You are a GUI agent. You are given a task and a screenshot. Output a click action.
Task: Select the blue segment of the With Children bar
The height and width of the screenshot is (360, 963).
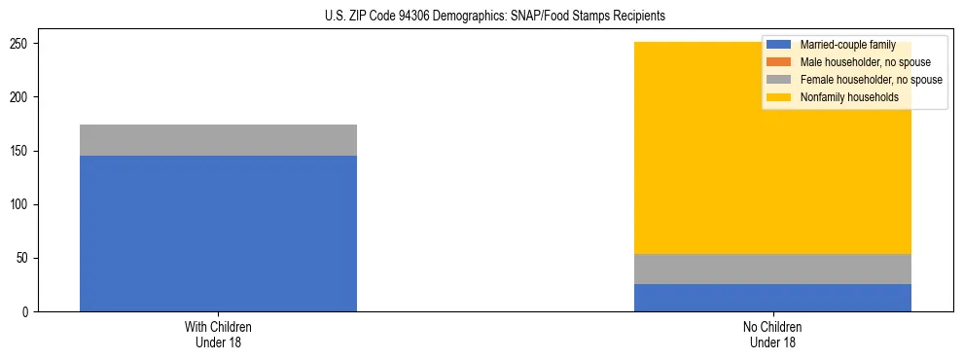(x=218, y=234)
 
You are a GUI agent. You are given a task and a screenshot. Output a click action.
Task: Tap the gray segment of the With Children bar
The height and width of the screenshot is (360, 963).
(x=218, y=140)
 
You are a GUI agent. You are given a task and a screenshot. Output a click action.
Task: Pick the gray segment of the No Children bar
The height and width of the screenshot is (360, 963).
(x=772, y=269)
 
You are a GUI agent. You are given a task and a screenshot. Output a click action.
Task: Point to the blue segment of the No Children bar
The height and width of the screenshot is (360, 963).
(x=772, y=298)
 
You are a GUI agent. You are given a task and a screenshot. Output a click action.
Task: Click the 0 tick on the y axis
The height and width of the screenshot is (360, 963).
(x=26, y=312)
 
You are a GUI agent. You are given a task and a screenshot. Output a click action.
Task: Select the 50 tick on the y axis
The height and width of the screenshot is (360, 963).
(x=23, y=259)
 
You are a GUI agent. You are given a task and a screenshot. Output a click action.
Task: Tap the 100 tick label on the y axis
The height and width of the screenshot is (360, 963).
(x=20, y=205)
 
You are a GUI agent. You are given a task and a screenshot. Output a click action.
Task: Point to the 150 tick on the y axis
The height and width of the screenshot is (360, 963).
(x=20, y=152)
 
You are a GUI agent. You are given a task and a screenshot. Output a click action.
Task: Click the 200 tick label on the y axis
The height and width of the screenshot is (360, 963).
(x=20, y=97)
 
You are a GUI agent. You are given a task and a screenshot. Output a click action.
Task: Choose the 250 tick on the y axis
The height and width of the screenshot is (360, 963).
(x=20, y=44)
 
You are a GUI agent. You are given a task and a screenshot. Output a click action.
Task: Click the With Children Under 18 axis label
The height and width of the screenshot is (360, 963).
(x=218, y=335)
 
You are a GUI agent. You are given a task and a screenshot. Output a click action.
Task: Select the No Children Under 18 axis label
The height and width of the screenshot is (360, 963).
(x=772, y=335)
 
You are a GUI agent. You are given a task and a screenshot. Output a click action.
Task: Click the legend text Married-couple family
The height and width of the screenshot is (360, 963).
(x=847, y=45)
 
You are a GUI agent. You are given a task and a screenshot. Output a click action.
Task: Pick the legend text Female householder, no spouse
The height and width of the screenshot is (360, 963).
(x=871, y=80)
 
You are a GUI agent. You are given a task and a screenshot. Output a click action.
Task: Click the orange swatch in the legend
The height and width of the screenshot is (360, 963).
(x=779, y=62)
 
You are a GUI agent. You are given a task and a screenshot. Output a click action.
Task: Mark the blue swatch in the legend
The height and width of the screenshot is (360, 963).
(x=779, y=45)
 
